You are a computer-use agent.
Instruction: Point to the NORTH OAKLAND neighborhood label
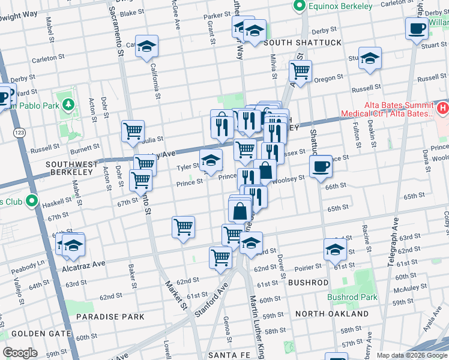332,314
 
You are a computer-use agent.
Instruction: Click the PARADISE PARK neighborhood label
110,316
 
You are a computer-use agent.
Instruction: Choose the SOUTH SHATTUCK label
302,43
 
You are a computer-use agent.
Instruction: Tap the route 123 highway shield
20,134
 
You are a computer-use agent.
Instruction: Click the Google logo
20,353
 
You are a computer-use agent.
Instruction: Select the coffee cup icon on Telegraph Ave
416,28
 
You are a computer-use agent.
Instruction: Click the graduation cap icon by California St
146,47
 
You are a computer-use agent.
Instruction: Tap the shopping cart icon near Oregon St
300,71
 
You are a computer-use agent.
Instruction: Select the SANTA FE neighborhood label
224,355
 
